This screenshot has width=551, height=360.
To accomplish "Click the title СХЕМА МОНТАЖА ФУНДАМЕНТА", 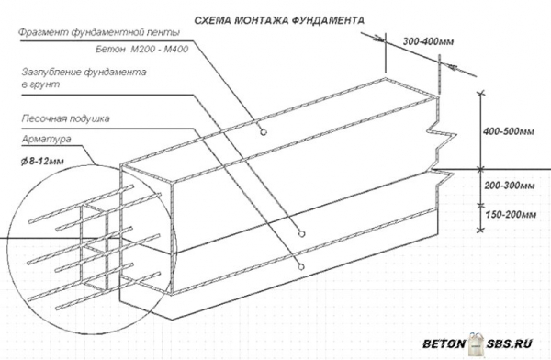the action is [x=279, y=20].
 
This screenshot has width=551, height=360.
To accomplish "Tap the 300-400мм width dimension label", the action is [x=428, y=42].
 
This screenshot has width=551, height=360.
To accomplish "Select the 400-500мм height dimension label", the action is [x=509, y=131].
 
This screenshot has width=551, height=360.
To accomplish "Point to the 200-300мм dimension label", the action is [x=510, y=186].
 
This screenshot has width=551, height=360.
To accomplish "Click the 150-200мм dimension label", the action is [x=511, y=214].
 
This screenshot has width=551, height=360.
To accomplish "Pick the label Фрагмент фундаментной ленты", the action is [x=99, y=33].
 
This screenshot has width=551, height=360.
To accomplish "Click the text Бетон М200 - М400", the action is [x=142, y=50].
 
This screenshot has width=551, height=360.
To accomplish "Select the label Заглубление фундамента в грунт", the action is [x=84, y=78].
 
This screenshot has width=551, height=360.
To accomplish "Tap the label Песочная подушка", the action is [x=66, y=118].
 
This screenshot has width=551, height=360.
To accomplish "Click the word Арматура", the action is [x=47, y=140].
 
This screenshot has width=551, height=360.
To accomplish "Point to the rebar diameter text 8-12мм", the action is [x=46, y=162].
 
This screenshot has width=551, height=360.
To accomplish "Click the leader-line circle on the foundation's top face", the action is [x=263, y=132].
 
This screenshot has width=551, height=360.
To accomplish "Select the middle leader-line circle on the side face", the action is [x=301, y=234].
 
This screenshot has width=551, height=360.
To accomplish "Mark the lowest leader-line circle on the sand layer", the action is [x=301, y=267].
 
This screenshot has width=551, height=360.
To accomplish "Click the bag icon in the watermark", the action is [x=477, y=343].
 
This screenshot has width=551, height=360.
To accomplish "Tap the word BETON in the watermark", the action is [x=444, y=343].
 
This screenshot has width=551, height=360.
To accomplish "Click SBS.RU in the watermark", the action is [x=510, y=343].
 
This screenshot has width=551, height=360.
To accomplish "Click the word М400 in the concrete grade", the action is [x=176, y=50].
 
